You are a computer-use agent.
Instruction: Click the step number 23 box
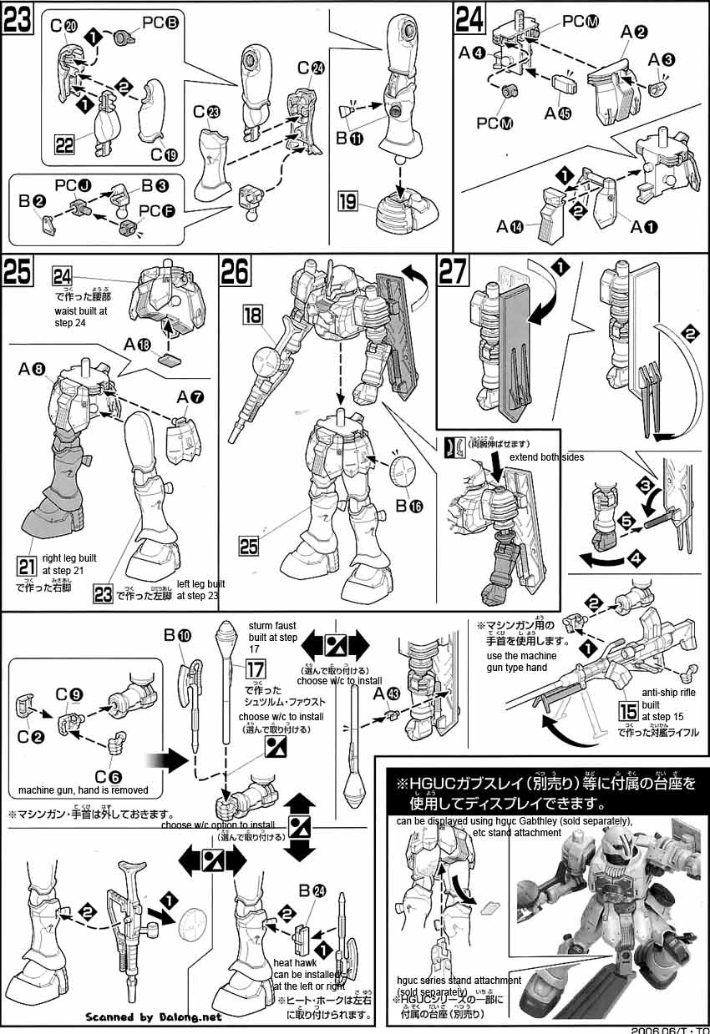point(18,18)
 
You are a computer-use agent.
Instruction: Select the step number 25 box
point(18,271)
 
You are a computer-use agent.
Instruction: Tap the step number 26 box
point(236,271)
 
